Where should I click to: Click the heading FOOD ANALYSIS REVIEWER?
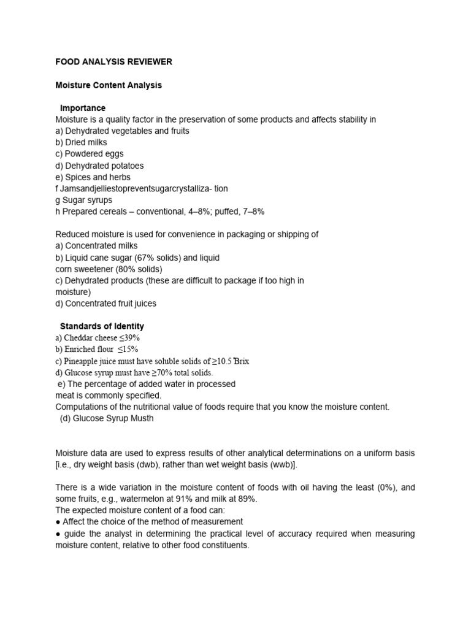pyautogui.click(x=113, y=62)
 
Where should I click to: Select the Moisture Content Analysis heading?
pyautogui.click(x=109, y=85)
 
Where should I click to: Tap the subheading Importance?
pyautogui.click(x=83, y=109)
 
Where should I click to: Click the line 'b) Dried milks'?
pyautogui.click(x=81, y=143)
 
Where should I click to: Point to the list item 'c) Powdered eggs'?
pyautogui.click(x=89, y=154)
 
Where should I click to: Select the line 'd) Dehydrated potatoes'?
pyautogui.click(x=99, y=166)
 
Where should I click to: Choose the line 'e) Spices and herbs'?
pyautogui.click(x=93, y=177)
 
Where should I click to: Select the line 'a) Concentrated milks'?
pyautogui.click(x=97, y=246)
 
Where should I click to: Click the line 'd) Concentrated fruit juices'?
pyautogui.click(x=105, y=304)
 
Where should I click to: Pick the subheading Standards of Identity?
pyautogui.click(x=102, y=326)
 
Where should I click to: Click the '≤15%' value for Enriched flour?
pyautogui.click(x=128, y=350)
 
